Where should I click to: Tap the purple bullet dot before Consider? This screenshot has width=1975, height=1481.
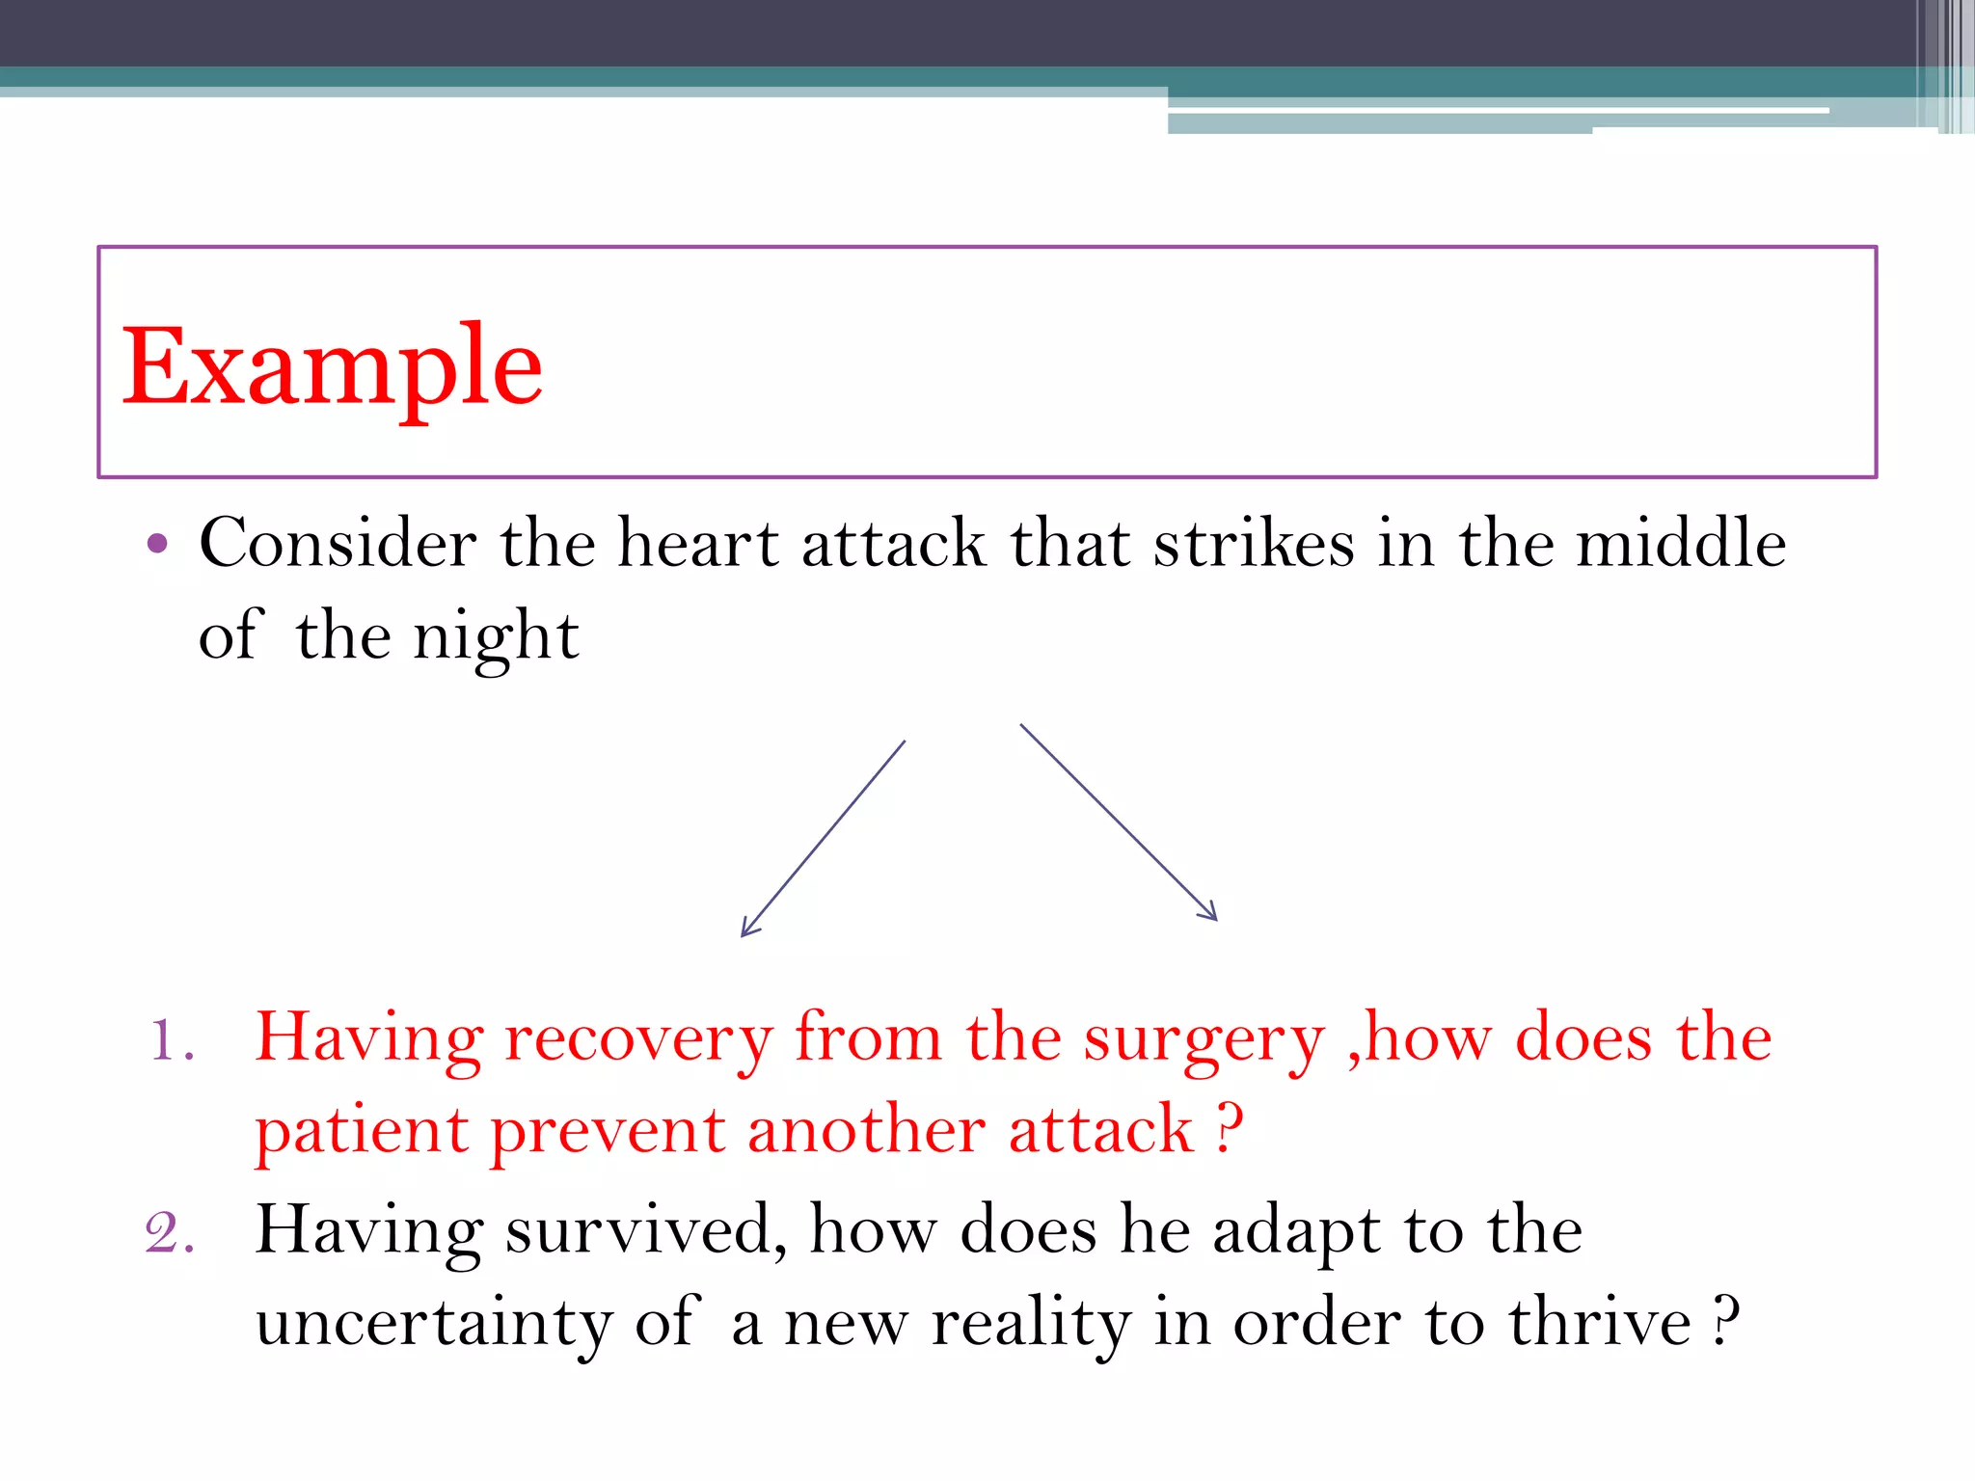click(x=158, y=544)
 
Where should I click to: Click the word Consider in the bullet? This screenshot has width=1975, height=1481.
click(x=338, y=543)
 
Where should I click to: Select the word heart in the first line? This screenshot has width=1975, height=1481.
click(x=697, y=543)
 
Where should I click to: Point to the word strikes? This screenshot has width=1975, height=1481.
click(x=1254, y=543)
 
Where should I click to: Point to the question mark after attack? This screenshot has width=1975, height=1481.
click(x=1230, y=1130)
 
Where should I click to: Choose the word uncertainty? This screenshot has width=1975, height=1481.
click(x=433, y=1324)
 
